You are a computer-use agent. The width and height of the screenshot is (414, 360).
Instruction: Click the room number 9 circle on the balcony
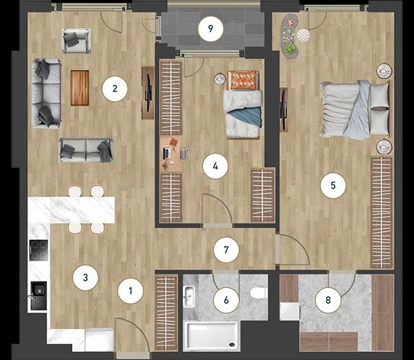[210, 29]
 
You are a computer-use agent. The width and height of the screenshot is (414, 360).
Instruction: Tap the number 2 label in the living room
[114, 89]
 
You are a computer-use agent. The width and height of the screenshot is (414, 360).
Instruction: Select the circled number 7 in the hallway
[226, 250]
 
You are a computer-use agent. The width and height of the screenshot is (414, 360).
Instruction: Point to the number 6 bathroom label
[226, 300]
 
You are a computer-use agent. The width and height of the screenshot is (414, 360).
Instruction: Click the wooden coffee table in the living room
[80, 88]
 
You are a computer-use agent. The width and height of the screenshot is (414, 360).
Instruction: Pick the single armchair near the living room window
[76, 41]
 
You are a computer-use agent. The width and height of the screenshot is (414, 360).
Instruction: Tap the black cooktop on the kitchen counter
[39, 250]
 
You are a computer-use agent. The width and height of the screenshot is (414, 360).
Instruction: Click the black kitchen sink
[39, 295]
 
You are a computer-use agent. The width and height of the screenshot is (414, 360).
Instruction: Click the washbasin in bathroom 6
[189, 297]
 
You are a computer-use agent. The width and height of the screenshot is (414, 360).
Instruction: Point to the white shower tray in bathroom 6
[211, 336]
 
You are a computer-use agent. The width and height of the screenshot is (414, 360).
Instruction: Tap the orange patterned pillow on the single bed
[243, 80]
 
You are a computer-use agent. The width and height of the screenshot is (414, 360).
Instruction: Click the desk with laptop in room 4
[171, 155]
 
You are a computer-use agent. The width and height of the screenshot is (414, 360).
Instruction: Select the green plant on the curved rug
[290, 49]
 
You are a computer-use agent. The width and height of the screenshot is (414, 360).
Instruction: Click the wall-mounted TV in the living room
[148, 92]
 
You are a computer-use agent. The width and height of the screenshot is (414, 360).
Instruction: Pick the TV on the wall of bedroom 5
[284, 109]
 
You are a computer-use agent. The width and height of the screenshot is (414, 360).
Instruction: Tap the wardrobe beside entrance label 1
[166, 312]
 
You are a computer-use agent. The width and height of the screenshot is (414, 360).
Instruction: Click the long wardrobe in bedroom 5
[382, 213]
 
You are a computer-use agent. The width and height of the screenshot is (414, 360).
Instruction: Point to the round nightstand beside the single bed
[219, 79]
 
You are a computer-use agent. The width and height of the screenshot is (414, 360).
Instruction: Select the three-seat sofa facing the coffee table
[47, 93]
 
